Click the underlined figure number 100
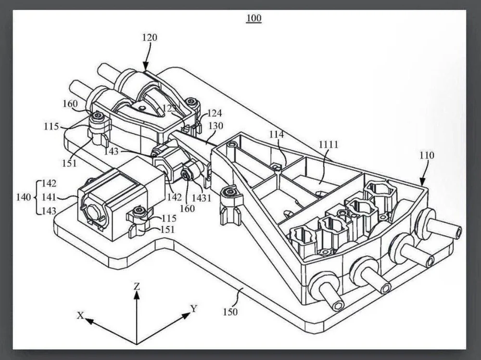point(253,19)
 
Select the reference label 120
point(150,37)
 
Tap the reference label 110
point(426,155)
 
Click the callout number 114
point(277,135)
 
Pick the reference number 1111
point(329,144)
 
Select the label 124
point(215,114)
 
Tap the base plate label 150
point(230,312)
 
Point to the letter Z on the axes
point(137,286)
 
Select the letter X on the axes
point(80,315)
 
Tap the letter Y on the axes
point(194,309)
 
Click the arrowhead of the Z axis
point(137,295)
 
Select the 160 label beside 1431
point(187,208)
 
